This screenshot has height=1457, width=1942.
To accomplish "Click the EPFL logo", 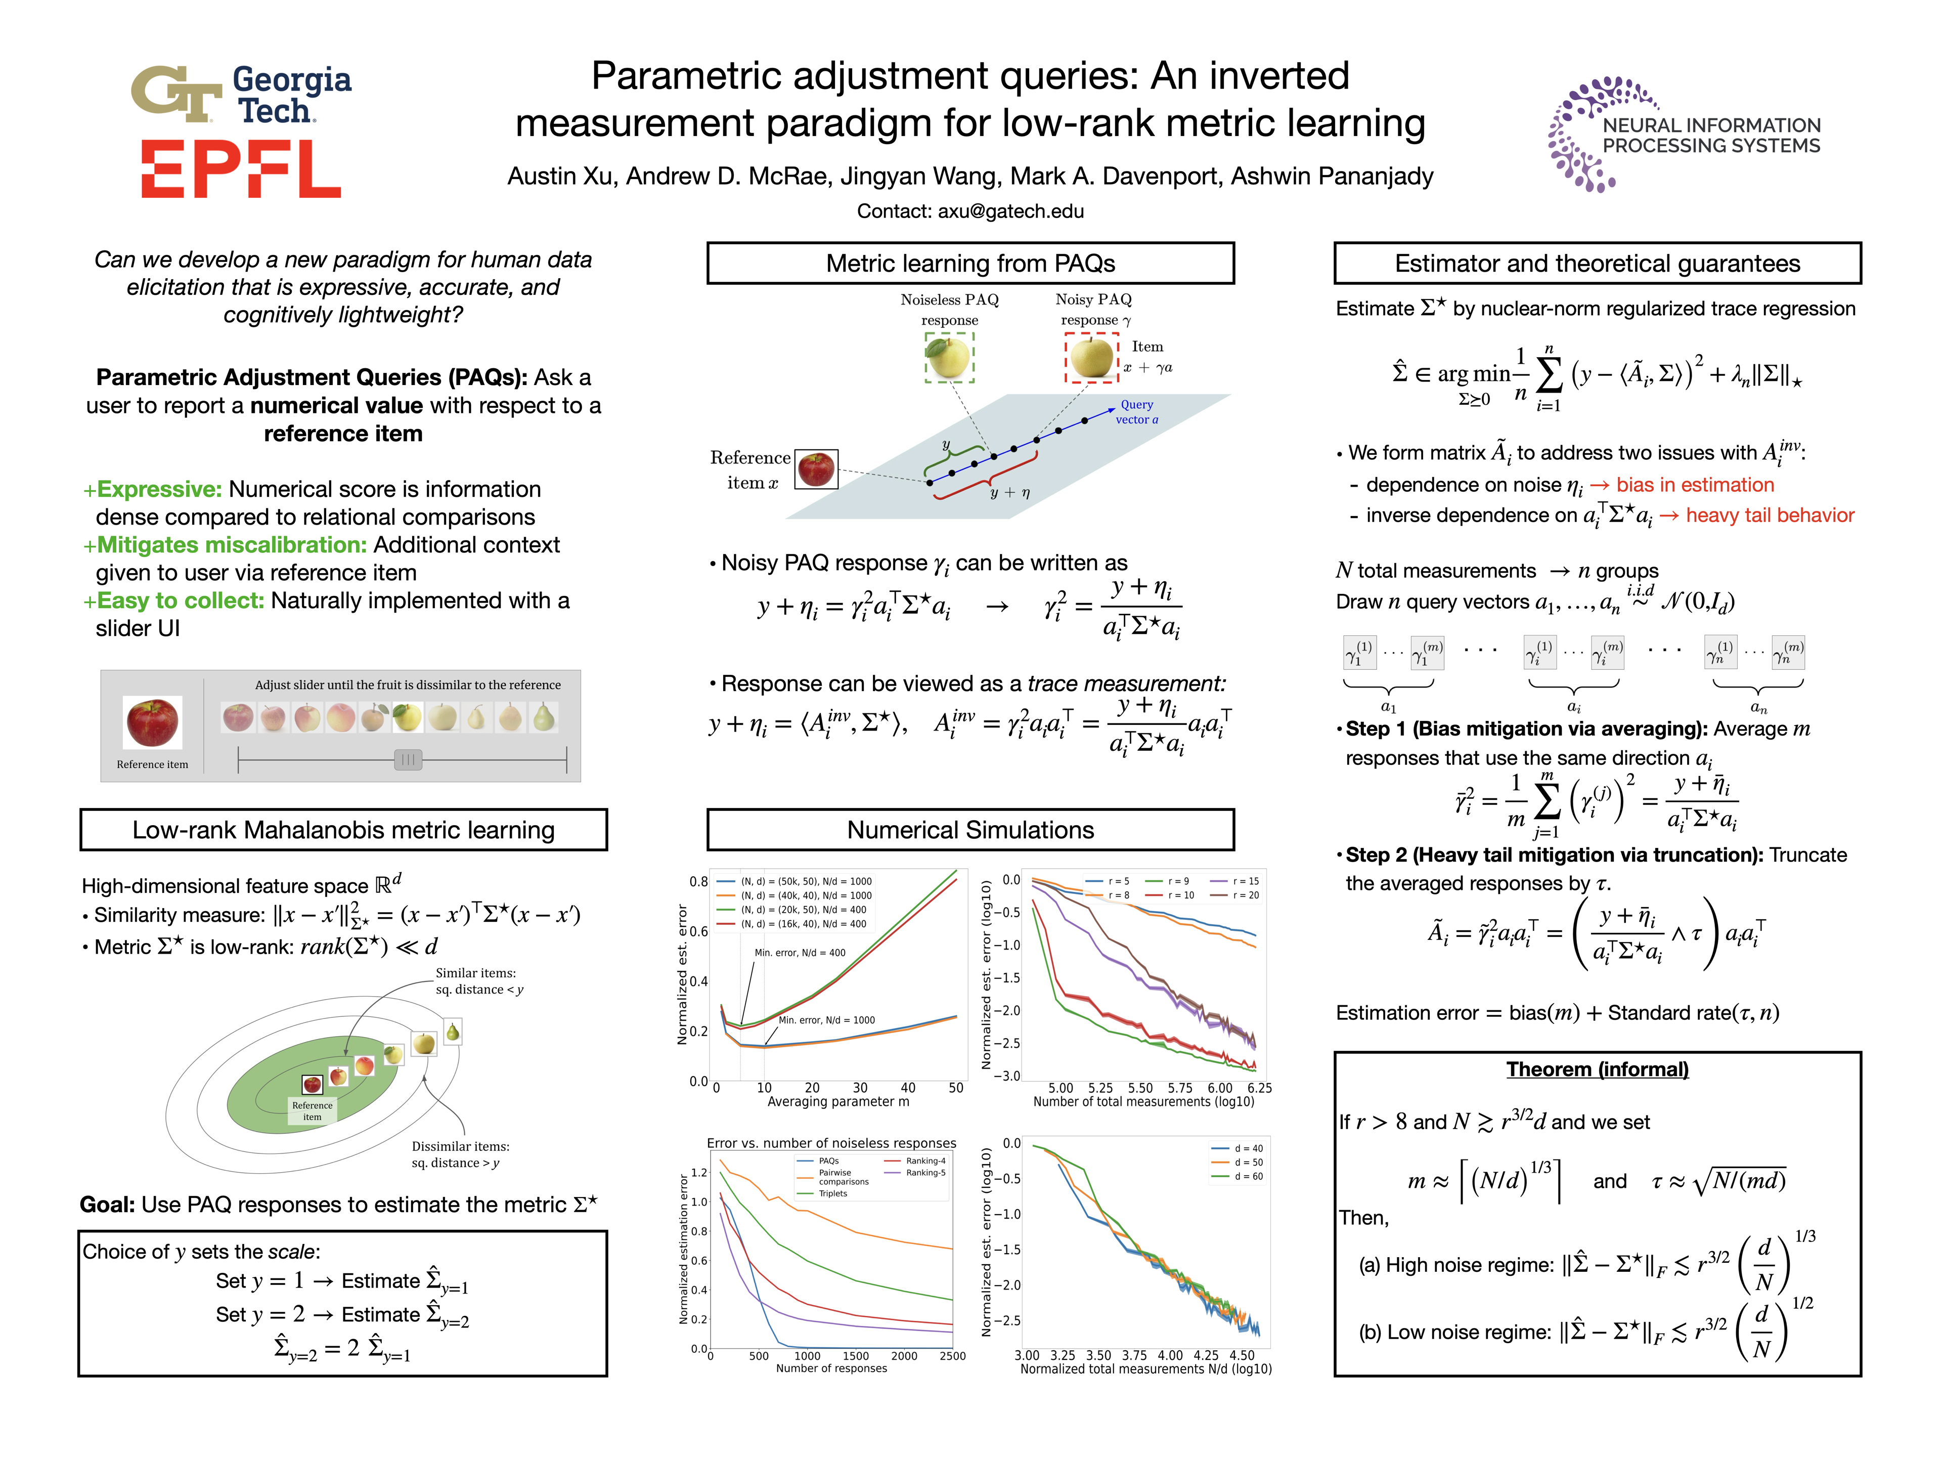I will point(241,169).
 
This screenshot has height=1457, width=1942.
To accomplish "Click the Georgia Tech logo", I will point(241,94).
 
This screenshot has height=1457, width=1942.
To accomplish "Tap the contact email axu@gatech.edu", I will point(1010,211).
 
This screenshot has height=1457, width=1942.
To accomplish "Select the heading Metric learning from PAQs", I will point(970,264).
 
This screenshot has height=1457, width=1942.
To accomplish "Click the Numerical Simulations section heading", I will point(970,830).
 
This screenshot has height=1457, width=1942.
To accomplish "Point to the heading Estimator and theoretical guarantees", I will point(1597,264).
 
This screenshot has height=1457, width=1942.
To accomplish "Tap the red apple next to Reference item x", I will point(816,469).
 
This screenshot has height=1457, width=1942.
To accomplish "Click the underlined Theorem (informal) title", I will point(1597,1069).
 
